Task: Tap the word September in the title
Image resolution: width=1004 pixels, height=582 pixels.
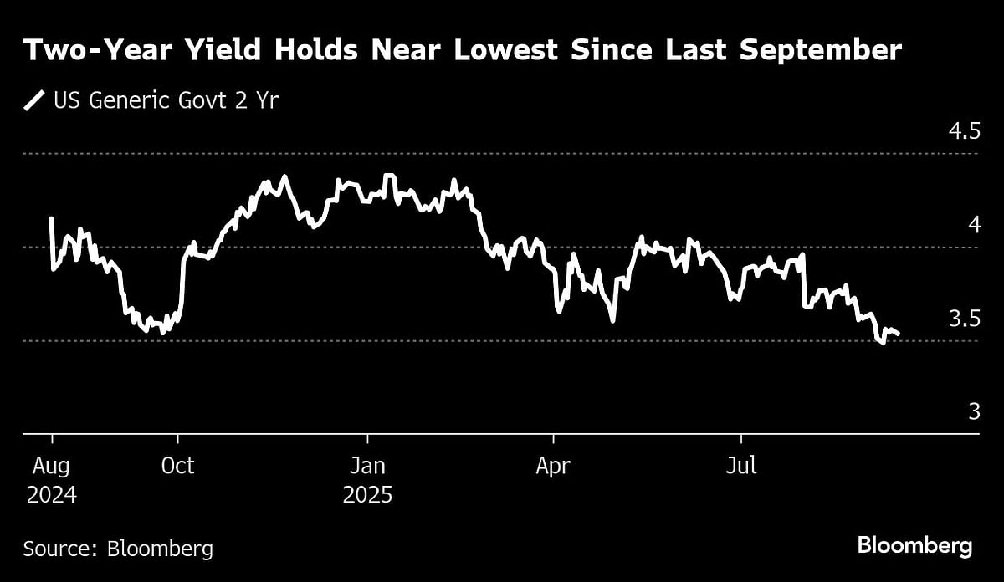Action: pyautogui.click(x=821, y=51)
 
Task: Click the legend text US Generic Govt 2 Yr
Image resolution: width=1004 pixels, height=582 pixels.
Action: pyautogui.click(x=166, y=102)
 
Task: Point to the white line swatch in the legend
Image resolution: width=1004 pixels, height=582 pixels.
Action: pyautogui.click(x=34, y=102)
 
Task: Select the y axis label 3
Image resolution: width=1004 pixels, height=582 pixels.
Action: pyautogui.click(x=974, y=412)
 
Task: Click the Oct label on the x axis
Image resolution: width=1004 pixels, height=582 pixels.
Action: pyautogui.click(x=177, y=465)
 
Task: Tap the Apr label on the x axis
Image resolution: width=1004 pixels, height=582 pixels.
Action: pyautogui.click(x=553, y=465)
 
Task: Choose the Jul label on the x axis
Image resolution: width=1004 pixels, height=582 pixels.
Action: pyautogui.click(x=741, y=465)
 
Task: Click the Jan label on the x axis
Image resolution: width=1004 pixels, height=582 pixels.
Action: pyautogui.click(x=366, y=465)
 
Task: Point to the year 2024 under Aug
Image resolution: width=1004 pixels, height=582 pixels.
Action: pyautogui.click(x=51, y=494)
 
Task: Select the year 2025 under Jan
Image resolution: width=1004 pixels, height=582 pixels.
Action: pyautogui.click(x=366, y=494)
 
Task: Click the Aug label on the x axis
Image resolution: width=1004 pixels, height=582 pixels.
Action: pyautogui.click(x=51, y=465)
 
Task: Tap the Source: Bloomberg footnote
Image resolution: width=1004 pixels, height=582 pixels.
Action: pyautogui.click(x=118, y=549)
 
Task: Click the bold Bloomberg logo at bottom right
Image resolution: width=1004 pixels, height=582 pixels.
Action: pyautogui.click(x=914, y=547)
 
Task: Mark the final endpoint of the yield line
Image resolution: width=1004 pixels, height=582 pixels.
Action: pyautogui.click(x=899, y=334)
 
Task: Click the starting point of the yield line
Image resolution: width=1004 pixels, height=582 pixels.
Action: pyautogui.click(x=52, y=218)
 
